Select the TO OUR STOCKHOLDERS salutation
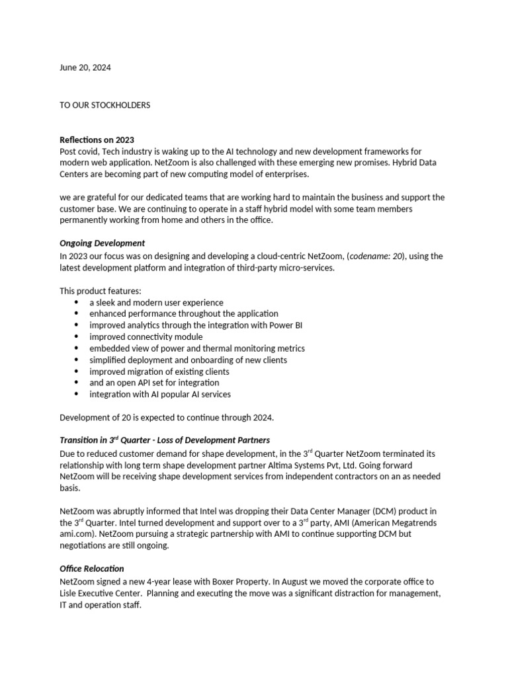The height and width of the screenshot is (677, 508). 105,106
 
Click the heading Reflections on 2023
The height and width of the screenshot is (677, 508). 97,139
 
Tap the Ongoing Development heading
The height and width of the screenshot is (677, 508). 103,243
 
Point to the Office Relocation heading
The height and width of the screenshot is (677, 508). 92,569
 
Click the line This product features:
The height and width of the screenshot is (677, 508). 101,291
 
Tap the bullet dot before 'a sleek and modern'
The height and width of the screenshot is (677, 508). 77,302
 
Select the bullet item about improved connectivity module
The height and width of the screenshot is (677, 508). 146,337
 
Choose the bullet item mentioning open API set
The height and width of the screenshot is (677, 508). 154,383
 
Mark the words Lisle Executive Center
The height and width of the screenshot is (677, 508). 104,594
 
